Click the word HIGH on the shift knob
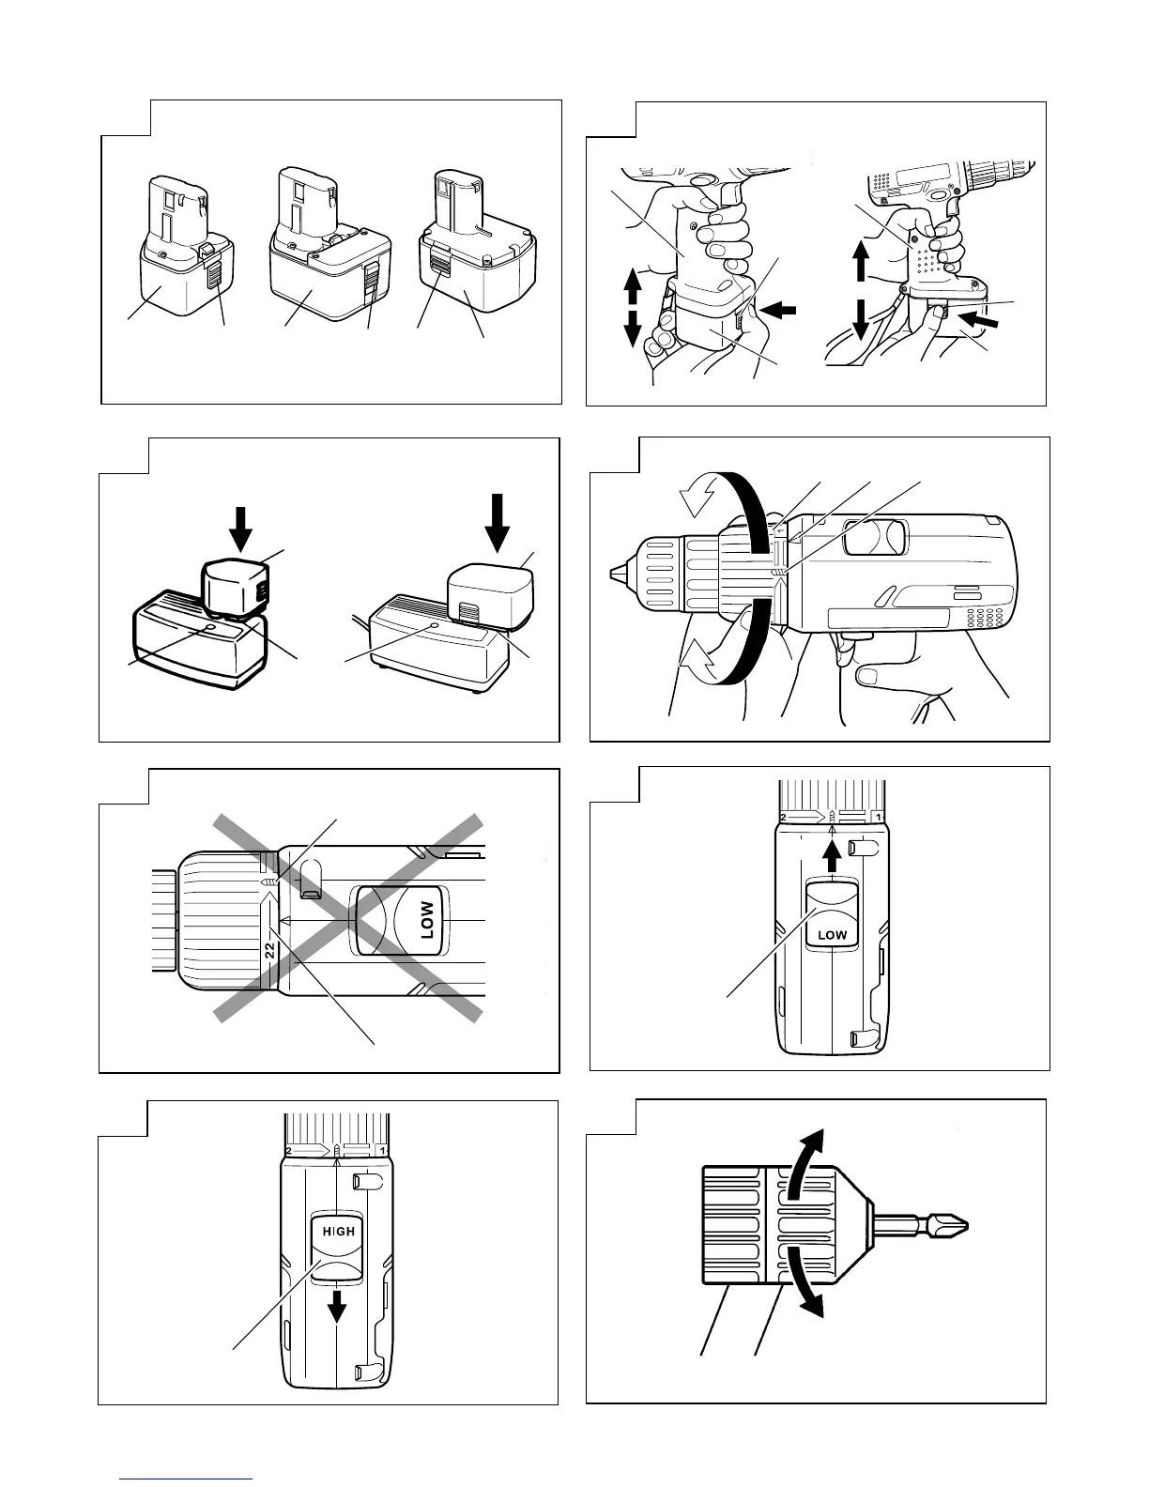tap(338, 1231)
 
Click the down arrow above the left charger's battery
tap(241, 528)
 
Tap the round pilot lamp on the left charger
tap(208, 626)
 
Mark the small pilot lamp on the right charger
tap(433, 623)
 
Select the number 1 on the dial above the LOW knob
tap(877, 817)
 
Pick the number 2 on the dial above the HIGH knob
tap(289, 1150)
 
